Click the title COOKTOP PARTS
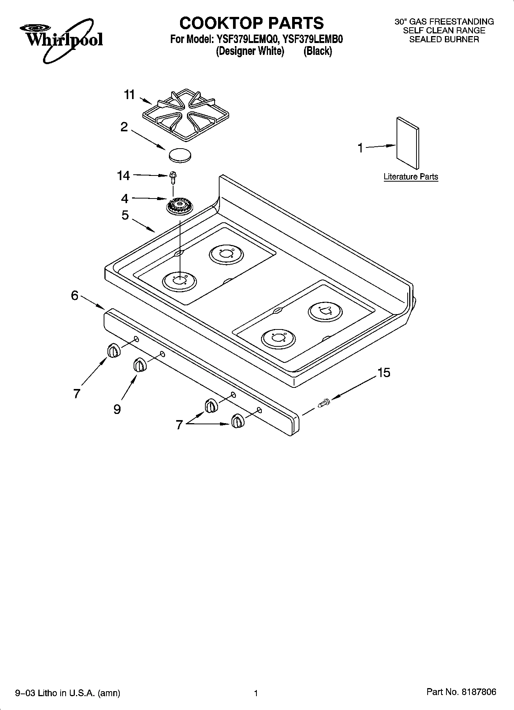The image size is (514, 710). (251, 23)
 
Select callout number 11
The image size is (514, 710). (129, 94)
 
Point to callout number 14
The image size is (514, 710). (123, 176)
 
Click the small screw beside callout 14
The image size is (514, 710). (173, 178)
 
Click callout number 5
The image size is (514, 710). (125, 215)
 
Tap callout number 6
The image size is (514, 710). (74, 295)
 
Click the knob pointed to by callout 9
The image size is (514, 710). (140, 365)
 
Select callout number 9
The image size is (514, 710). (117, 409)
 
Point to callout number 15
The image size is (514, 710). (383, 372)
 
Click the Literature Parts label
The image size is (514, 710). (411, 177)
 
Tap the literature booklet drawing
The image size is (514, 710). (408, 143)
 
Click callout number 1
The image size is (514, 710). (360, 148)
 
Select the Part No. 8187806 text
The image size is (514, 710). (461, 692)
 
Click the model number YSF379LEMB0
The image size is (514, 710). (312, 39)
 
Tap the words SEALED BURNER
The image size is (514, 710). (444, 39)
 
